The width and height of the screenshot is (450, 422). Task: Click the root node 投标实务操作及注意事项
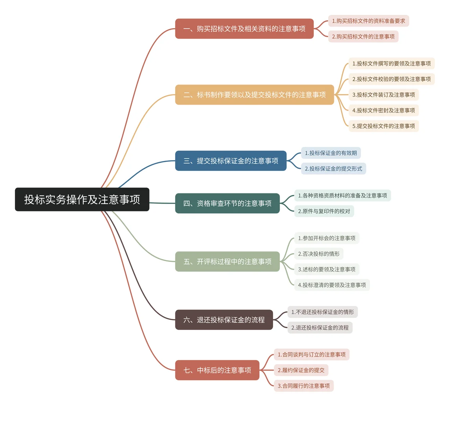pos(82,199)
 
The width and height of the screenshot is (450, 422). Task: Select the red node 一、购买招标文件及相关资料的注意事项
pos(244,29)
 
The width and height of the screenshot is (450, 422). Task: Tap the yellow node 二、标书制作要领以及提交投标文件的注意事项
pos(254,95)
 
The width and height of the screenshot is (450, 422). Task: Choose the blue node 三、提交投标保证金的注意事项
pos(230,161)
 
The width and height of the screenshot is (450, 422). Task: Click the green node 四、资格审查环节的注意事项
pos(227,203)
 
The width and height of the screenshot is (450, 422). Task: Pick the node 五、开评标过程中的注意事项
pos(227,261)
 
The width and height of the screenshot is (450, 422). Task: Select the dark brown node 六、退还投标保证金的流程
pos(224,320)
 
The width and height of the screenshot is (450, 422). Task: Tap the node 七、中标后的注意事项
pos(217,370)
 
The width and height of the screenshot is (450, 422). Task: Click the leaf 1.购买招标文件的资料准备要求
pos(368,21)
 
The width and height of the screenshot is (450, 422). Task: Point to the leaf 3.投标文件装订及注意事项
pos(383,95)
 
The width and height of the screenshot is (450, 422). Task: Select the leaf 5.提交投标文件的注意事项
pos(383,126)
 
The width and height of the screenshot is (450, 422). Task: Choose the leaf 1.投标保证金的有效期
pos(331,153)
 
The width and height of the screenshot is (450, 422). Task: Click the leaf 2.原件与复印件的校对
pos(324,211)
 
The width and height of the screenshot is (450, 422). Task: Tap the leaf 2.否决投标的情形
pos(319,254)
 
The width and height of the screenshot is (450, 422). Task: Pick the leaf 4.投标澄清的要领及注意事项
pos(332,285)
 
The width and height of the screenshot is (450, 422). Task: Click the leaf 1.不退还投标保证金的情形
pos(322,312)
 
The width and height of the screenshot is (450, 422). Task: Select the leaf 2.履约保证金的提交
pos(301,370)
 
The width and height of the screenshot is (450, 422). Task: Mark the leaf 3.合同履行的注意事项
pos(304,386)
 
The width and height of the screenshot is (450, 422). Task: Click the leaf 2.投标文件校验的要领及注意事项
pos(391,79)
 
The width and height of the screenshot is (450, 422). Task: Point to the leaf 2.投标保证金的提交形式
pos(333,168)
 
